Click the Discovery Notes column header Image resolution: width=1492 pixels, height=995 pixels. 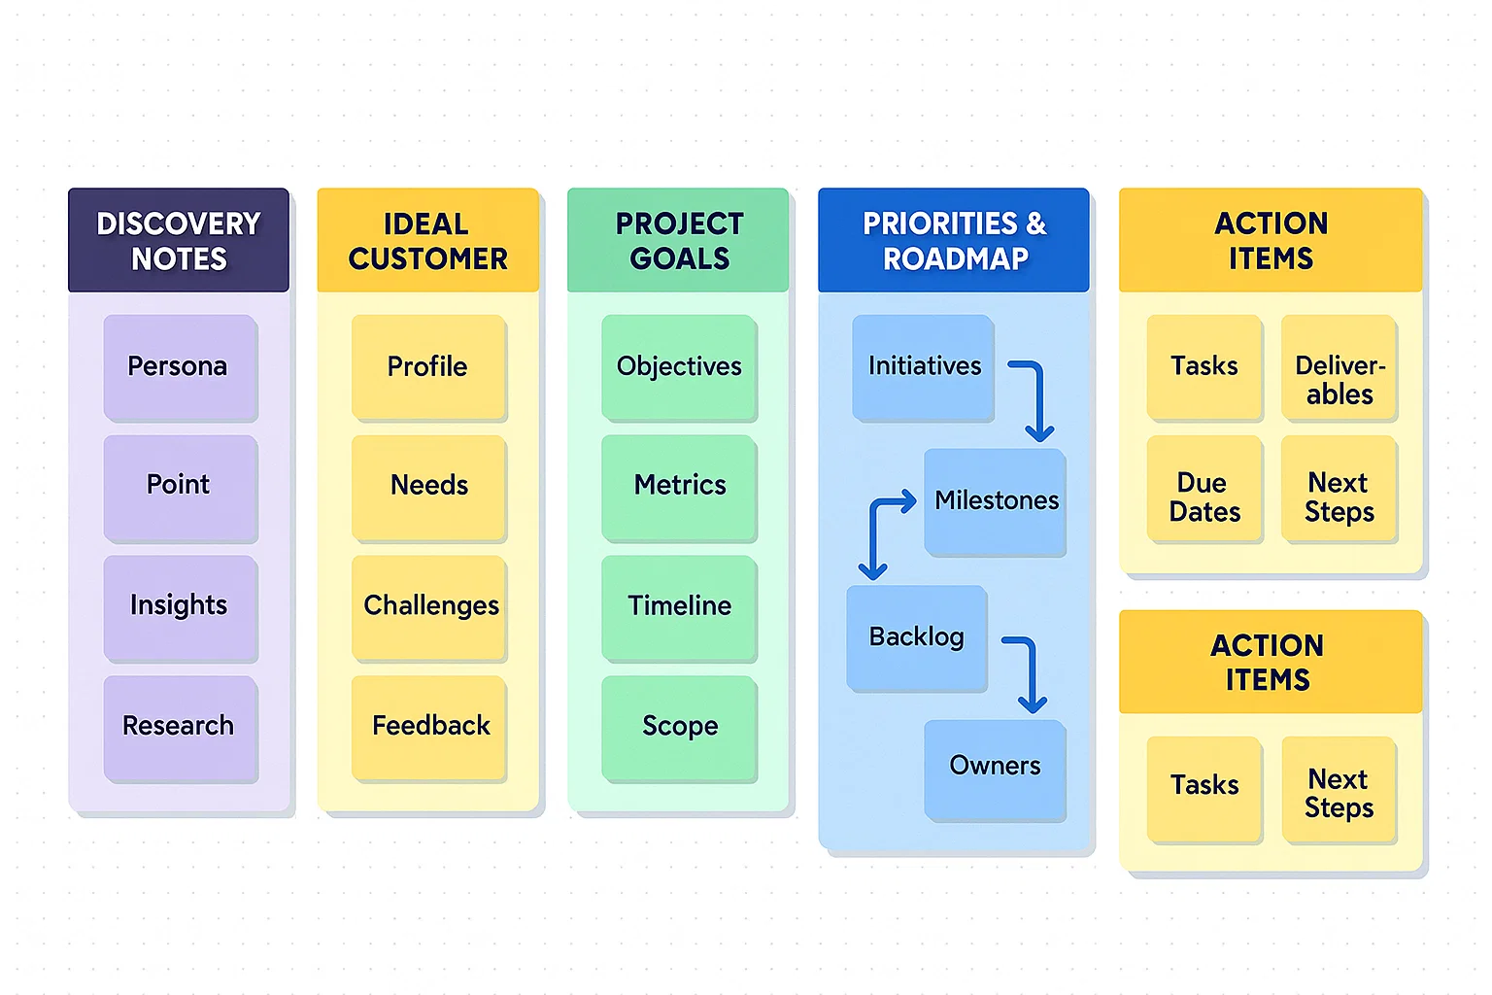(179, 240)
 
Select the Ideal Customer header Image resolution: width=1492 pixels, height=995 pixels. (427, 240)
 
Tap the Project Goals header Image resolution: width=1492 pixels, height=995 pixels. (678, 240)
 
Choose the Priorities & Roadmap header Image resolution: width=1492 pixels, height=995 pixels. (954, 240)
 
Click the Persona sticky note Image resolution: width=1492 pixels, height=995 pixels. (181, 367)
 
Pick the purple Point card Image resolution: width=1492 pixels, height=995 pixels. (181, 487)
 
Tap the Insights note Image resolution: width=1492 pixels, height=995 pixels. (181, 608)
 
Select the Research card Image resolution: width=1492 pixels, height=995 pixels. (181, 728)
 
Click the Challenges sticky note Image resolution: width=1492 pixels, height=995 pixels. (429, 608)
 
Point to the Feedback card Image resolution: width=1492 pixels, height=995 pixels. (429, 728)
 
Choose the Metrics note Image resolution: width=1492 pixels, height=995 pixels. (679, 487)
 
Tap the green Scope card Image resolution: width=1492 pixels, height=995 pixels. (679, 728)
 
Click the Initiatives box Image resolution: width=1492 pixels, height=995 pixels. (923, 367)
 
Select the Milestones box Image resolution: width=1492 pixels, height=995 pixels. (995, 501)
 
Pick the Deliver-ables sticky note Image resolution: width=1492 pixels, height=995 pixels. (1339, 367)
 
